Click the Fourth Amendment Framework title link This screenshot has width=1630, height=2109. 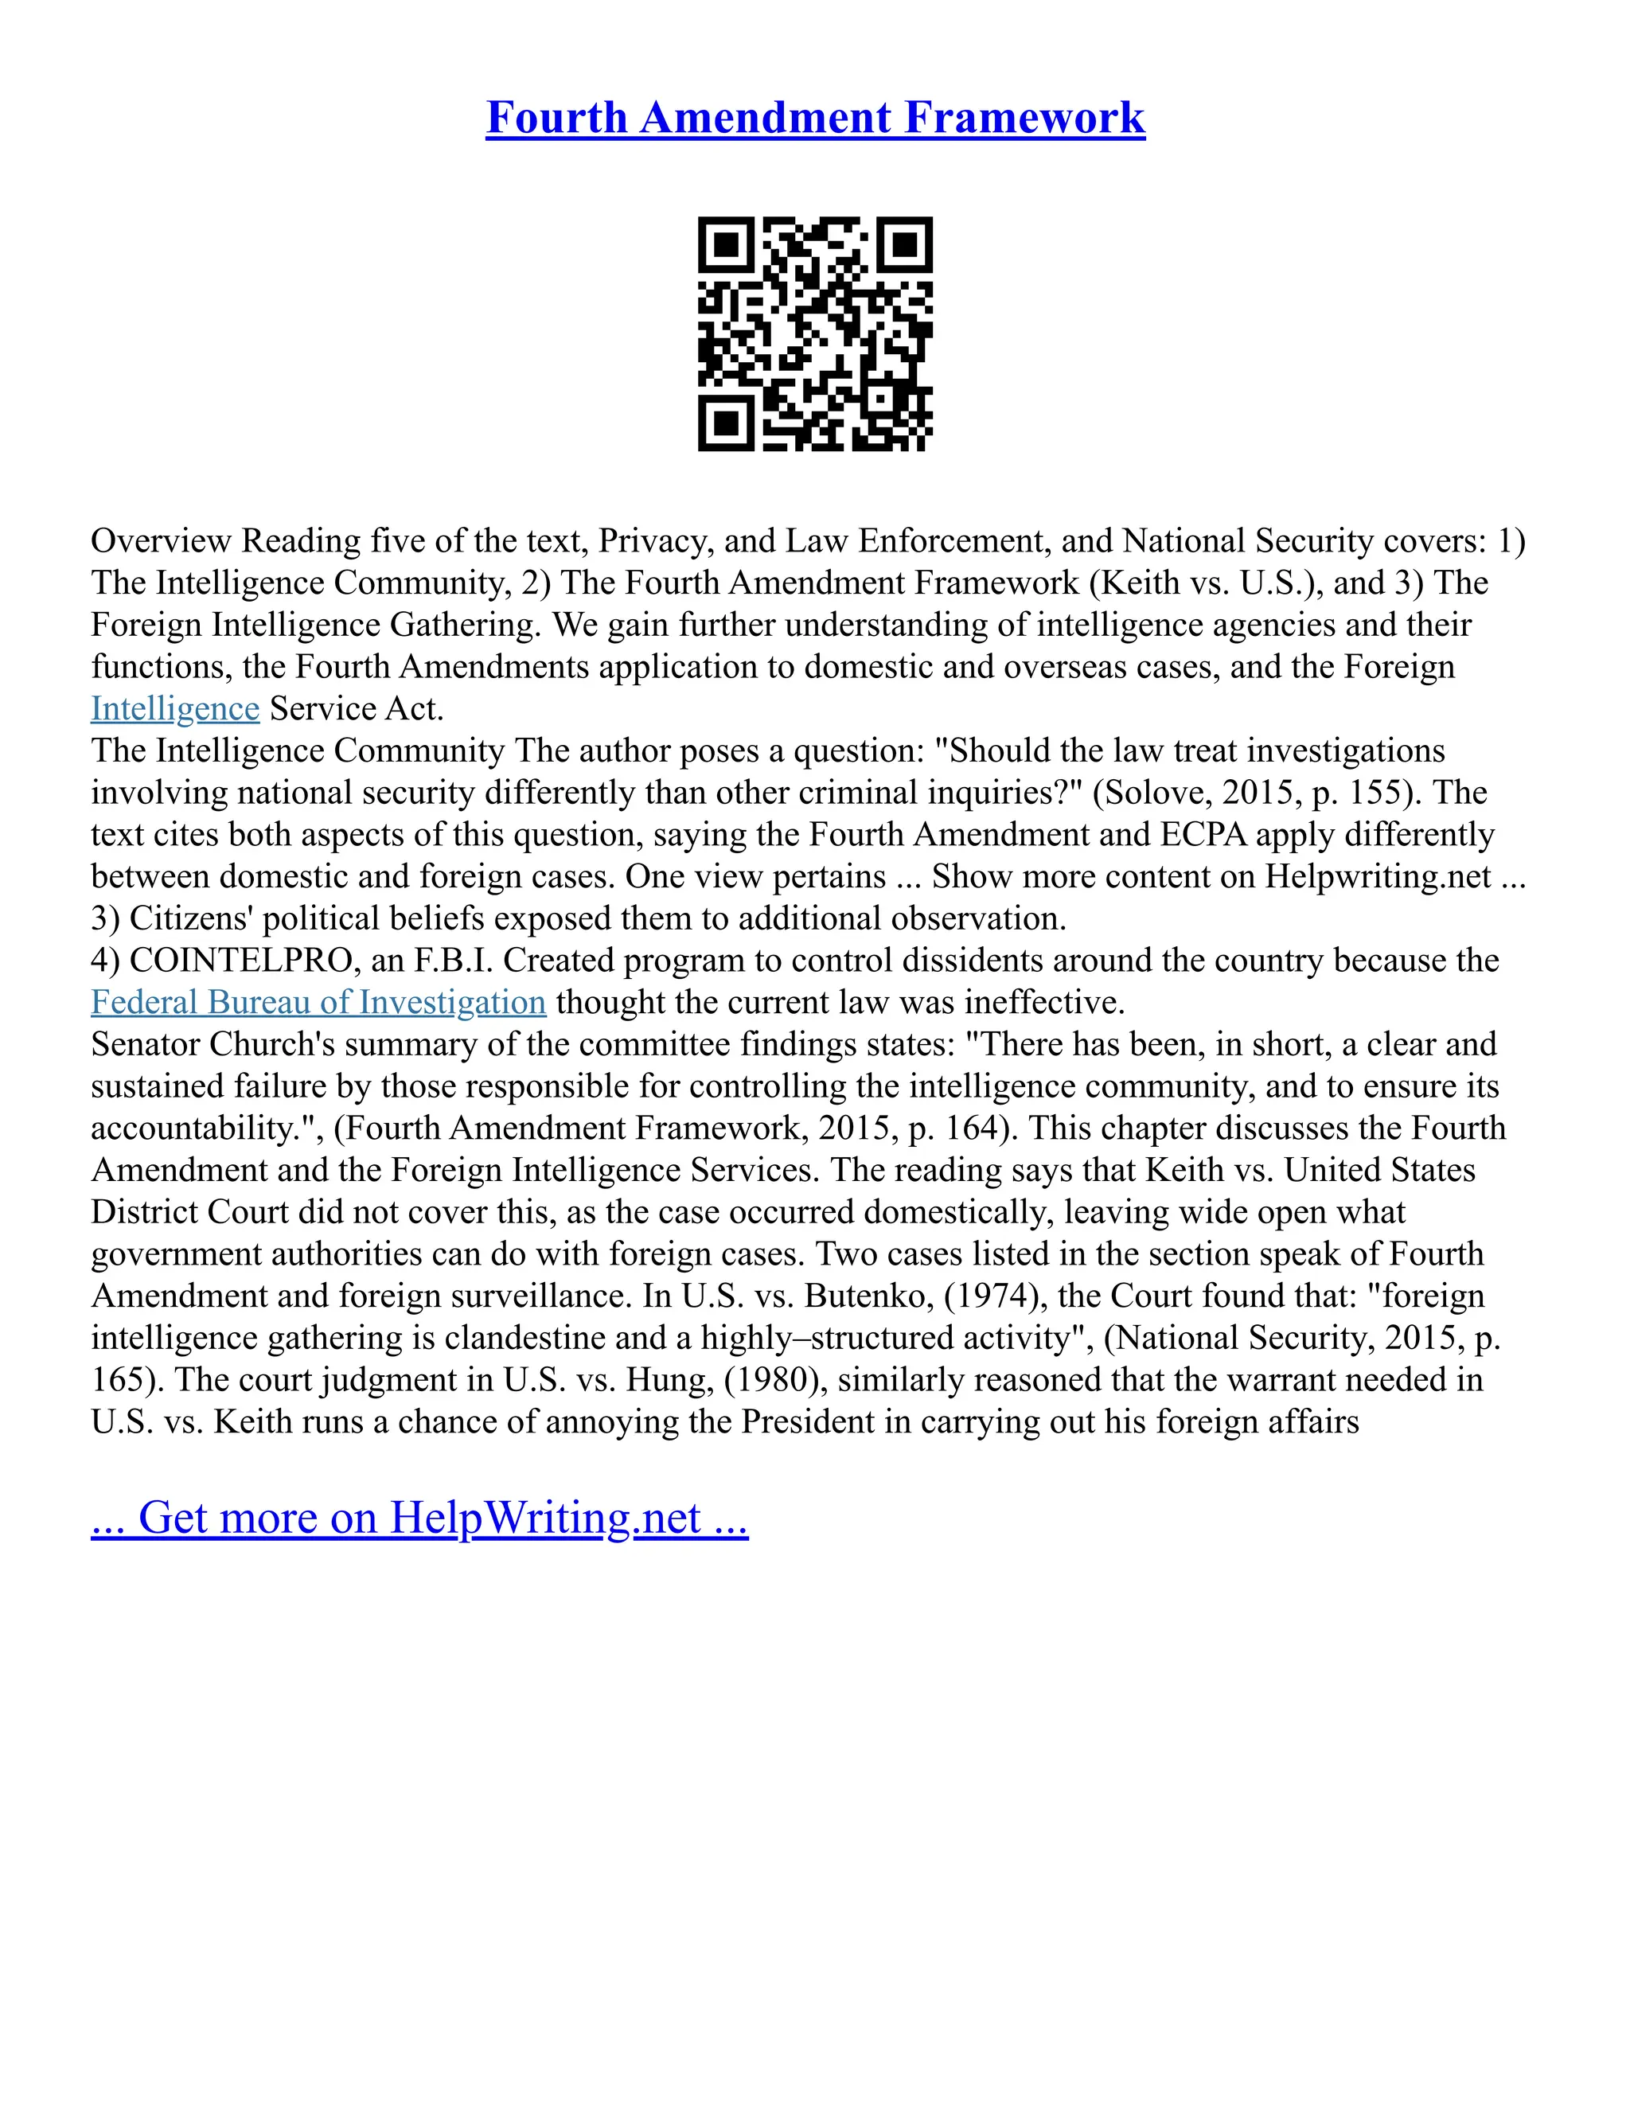(x=815, y=118)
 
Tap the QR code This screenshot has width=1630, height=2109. (x=815, y=333)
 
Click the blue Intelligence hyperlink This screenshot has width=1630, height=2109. (x=175, y=709)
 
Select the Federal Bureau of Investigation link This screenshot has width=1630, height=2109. (x=318, y=1002)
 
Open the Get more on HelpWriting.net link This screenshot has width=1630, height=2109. (x=419, y=1517)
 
